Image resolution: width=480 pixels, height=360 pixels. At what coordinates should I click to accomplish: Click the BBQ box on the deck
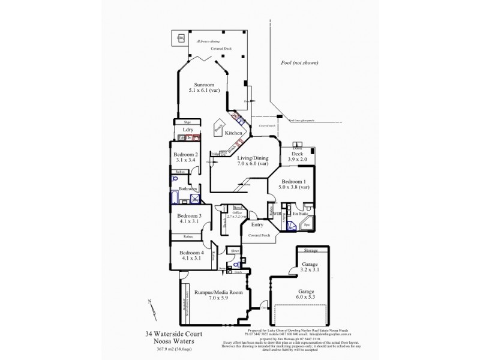pyautogui.click(x=181, y=39)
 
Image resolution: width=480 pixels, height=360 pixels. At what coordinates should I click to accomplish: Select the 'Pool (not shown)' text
pyautogui.click(x=298, y=62)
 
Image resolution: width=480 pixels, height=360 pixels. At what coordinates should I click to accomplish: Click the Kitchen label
pyautogui.click(x=233, y=133)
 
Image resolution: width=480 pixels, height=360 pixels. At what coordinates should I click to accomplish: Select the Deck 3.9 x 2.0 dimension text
pyautogui.click(x=297, y=160)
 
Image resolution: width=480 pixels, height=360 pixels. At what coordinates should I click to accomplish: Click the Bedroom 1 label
pyautogui.click(x=293, y=181)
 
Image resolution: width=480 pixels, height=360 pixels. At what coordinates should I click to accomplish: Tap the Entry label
pyautogui.click(x=257, y=224)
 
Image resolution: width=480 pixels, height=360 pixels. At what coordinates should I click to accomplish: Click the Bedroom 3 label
pyautogui.click(x=189, y=215)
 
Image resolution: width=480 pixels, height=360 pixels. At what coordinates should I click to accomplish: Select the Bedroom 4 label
pyautogui.click(x=190, y=253)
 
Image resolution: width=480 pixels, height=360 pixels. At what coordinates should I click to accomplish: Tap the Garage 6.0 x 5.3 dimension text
pyautogui.click(x=309, y=296)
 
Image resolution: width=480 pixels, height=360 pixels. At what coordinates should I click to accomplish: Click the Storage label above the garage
pyautogui.click(x=310, y=250)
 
